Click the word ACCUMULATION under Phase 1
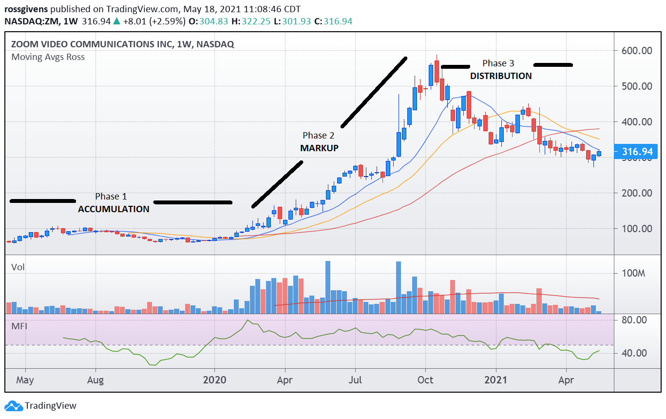click(x=114, y=209)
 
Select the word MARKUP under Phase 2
click(x=319, y=148)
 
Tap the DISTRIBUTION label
click(x=500, y=76)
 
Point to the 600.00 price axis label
click(x=636, y=51)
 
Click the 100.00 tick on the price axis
click(x=636, y=229)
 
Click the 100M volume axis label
click(x=633, y=273)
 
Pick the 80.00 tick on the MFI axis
click(x=634, y=320)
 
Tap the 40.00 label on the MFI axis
click(x=634, y=353)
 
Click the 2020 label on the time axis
click(x=215, y=379)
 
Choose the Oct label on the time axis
click(x=426, y=379)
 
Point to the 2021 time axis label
click(x=497, y=379)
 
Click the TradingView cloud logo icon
click(x=14, y=406)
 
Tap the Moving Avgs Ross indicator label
click(x=48, y=57)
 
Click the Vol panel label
click(x=18, y=267)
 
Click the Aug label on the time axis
click(x=96, y=379)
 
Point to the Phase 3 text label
click(x=498, y=63)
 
